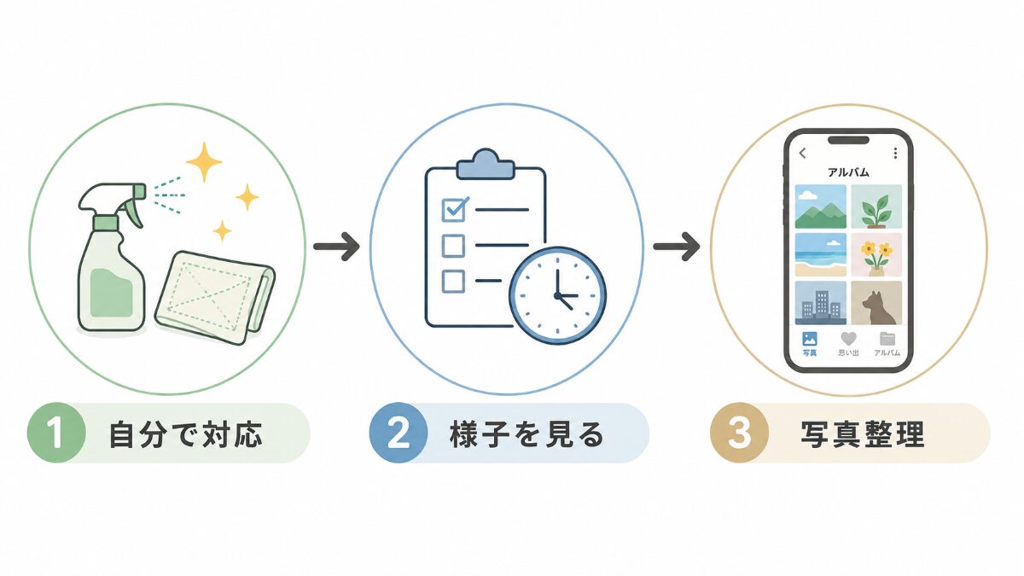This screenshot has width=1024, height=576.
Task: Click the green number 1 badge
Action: (56, 433)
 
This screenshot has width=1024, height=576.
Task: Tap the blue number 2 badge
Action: (399, 433)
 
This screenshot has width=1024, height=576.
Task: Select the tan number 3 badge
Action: (739, 433)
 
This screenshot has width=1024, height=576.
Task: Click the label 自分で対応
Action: (186, 433)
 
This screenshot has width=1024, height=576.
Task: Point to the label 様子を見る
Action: (527, 433)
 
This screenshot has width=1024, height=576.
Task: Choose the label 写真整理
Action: (863, 433)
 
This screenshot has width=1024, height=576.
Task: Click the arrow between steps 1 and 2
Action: (336, 247)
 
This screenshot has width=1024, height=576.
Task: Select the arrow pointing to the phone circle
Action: (677, 247)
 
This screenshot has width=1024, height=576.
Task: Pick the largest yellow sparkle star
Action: (204, 162)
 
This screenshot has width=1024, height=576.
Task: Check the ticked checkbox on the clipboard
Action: (454, 209)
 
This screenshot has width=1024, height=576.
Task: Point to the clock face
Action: (558, 296)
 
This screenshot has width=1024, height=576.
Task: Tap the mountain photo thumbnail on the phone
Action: (821, 207)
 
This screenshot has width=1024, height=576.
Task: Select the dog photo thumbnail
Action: (876, 303)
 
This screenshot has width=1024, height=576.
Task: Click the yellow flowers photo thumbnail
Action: (876, 254)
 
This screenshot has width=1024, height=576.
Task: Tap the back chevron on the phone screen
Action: (802, 153)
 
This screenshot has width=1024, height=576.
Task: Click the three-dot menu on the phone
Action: (895, 153)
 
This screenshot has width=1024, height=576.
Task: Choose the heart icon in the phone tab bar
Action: (848, 339)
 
